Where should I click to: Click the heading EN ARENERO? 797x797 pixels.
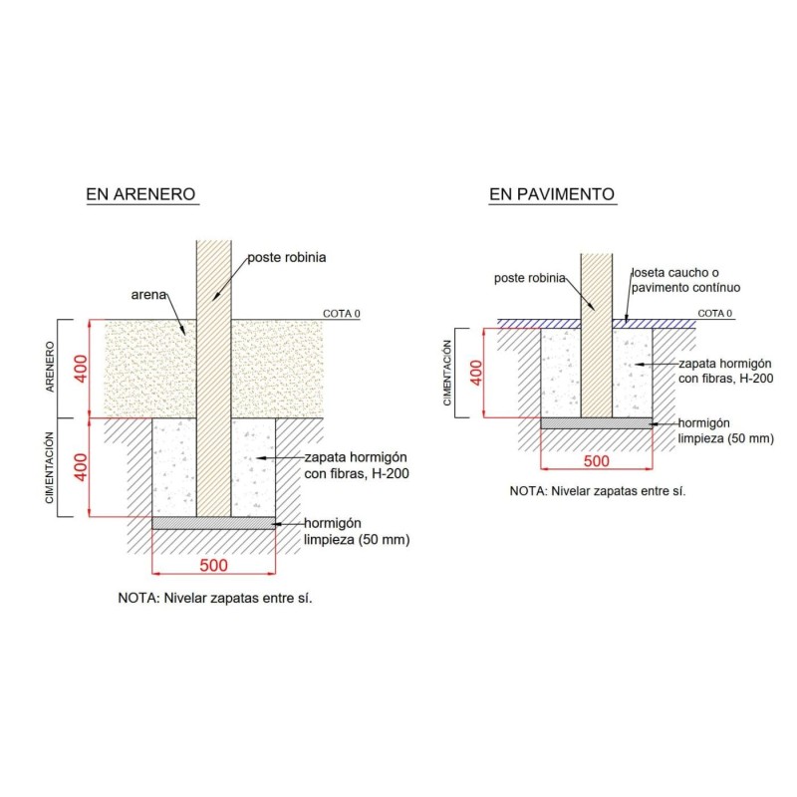pyautogui.click(x=140, y=194)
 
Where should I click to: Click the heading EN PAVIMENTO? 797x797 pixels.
pyautogui.click(x=552, y=194)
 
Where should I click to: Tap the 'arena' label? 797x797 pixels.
pyautogui.click(x=148, y=295)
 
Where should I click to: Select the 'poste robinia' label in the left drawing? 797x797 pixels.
pyautogui.click(x=287, y=257)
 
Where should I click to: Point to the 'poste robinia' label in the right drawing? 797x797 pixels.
pyautogui.click(x=530, y=278)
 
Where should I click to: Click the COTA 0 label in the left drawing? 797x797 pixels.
pyautogui.click(x=342, y=314)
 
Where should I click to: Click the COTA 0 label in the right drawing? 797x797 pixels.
pyautogui.click(x=714, y=313)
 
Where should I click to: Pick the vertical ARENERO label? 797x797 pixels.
pyautogui.click(x=50, y=367)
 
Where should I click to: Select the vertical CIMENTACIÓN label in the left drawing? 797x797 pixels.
pyautogui.click(x=49, y=467)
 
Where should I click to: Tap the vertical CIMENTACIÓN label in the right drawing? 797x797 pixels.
pyautogui.click(x=447, y=373)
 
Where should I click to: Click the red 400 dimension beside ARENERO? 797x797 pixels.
pyautogui.click(x=82, y=369)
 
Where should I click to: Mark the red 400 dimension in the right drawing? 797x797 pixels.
pyautogui.click(x=476, y=373)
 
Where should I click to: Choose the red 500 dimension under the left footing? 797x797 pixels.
pyautogui.click(x=213, y=565)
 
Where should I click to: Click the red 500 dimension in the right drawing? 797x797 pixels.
pyautogui.click(x=596, y=461)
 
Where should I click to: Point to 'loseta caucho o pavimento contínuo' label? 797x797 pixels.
pyautogui.click(x=685, y=280)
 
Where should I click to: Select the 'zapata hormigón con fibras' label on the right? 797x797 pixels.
pyautogui.click(x=726, y=371)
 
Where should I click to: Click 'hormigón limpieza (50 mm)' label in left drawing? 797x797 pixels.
pyautogui.click(x=357, y=531)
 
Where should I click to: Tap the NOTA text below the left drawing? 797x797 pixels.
pyautogui.click(x=215, y=598)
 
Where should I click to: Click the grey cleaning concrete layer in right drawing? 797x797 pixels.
pyautogui.click(x=596, y=423)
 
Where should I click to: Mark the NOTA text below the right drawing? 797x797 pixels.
pyautogui.click(x=598, y=491)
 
